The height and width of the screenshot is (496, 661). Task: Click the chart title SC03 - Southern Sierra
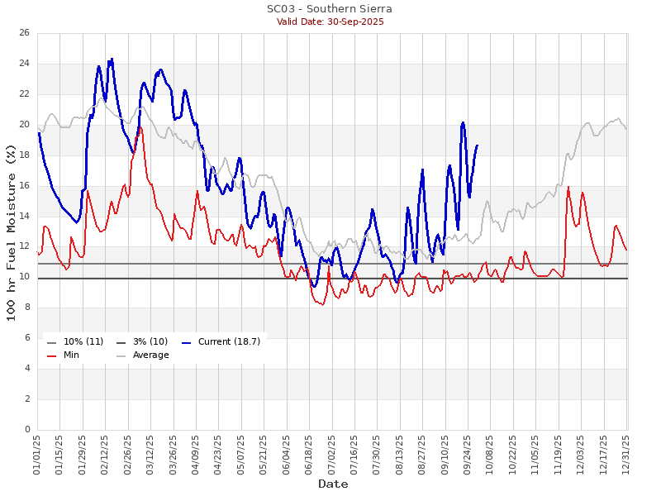click(x=330, y=9)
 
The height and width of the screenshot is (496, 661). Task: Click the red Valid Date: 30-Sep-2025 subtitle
click(x=330, y=21)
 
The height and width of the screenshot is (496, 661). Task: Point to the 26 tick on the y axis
click(x=25, y=33)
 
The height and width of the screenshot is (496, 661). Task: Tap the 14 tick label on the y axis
click(x=25, y=217)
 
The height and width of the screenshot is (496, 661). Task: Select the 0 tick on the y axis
click(x=27, y=430)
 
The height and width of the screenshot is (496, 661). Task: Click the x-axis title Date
click(x=333, y=484)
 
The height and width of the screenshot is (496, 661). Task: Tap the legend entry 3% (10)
click(x=150, y=341)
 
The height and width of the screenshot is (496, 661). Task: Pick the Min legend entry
click(x=71, y=355)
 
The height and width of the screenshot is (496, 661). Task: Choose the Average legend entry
click(x=150, y=355)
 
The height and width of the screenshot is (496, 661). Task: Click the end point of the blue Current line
click(x=477, y=145)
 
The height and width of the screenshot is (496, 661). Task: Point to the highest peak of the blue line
click(x=112, y=59)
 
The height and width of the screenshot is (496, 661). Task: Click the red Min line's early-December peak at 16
click(x=568, y=187)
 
